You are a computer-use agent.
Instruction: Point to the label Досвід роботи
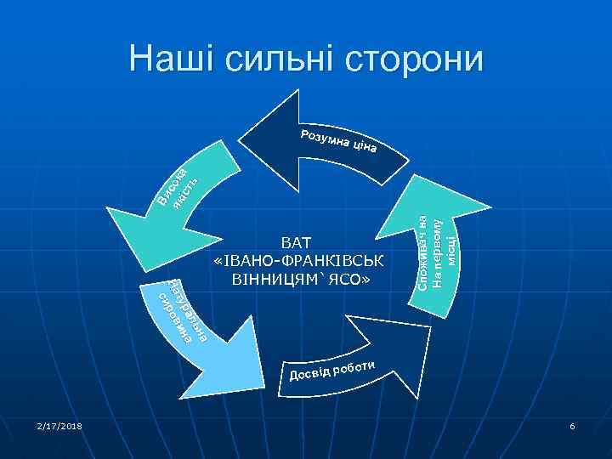[331, 369]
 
